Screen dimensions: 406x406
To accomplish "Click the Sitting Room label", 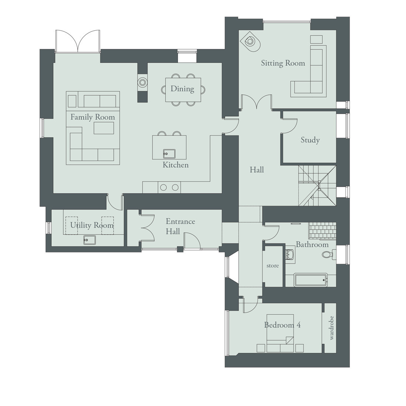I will pos(283,63).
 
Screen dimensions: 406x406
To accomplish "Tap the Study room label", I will pos(310,140).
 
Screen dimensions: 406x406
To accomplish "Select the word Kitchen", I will pos(176,165).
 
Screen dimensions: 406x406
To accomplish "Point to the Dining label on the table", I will pos(182,89).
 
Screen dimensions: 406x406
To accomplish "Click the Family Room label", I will pos(93,117).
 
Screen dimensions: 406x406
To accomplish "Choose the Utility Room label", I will pos(92,225).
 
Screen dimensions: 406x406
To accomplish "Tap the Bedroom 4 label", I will pos(282,325).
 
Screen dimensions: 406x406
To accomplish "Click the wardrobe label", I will pos(331,328).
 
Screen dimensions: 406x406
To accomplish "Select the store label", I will pos(273,266).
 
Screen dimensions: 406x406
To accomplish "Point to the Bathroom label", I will pos(312,244).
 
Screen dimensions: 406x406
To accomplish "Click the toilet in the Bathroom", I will pos(327,254).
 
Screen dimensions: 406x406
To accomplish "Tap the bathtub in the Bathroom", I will pos(310,280).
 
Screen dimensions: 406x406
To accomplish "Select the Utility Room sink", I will pos(89,240).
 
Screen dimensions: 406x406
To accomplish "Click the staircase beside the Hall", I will pos(317,185).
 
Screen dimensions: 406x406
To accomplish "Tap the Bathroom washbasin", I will pos(290,255).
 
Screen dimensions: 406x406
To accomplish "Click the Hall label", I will pos(257,170).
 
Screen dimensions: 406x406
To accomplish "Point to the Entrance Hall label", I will pos(180,226).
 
